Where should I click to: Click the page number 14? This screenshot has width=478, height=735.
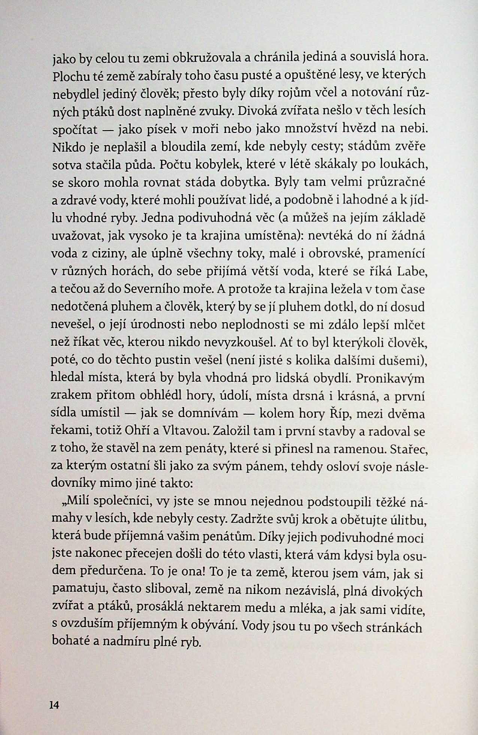(54, 705)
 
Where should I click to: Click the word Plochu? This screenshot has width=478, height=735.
(70, 77)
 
